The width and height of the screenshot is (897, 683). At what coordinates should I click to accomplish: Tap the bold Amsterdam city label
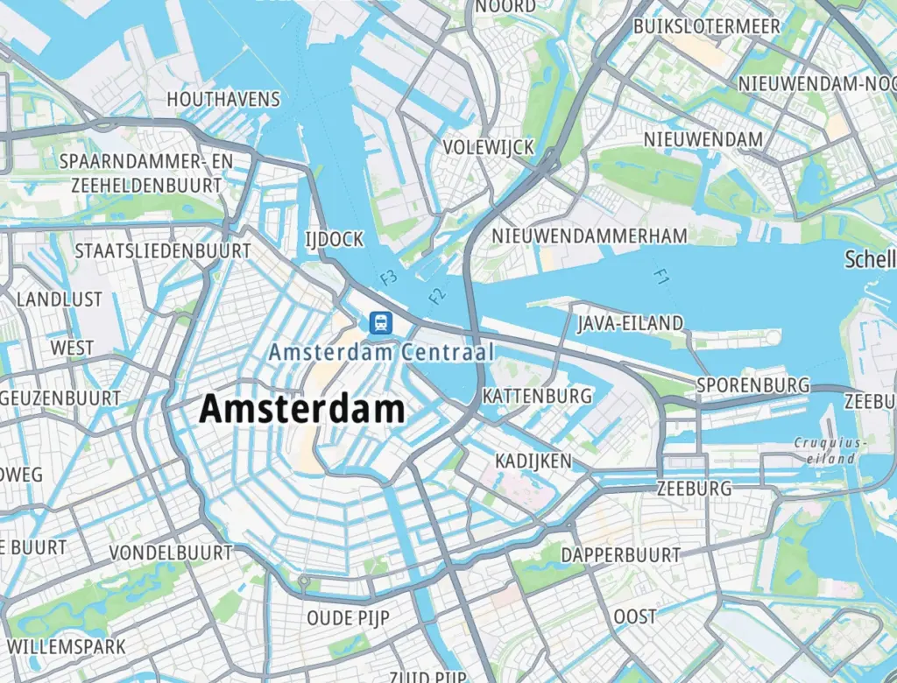pyautogui.click(x=303, y=409)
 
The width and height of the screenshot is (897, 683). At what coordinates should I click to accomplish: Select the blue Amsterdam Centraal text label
pyautogui.click(x=382, y=352)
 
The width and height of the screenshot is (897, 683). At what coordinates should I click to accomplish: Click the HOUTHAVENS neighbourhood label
pyautogui.click(x=223, y=99)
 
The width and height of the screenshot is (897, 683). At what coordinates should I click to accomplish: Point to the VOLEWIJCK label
pyautogui.click(x=488, y=147)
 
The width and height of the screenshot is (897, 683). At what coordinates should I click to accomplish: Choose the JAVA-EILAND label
pyautogui.click(x=630, y=323)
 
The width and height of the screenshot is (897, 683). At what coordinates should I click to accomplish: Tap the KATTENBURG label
pyautogui.click(x=537, y=396)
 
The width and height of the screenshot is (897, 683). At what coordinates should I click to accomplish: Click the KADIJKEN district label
pyautogui.click(x=533, y=461)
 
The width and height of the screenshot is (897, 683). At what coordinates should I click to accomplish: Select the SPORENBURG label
pyautogui.click(x=752, y=385)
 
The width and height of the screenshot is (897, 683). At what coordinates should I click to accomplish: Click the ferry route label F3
pyautogui.click(x=389, y=278)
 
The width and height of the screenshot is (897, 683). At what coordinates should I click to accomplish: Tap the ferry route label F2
pyautogui.click(x=438, y=295)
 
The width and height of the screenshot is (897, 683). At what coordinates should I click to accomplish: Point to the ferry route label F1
pyautogui.click(x=661, y=277)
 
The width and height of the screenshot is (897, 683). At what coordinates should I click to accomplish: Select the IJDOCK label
pyautogui.click(x=333, y=239)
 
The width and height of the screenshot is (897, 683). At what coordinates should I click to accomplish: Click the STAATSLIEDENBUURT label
pyautogui.click(x=163, y=251)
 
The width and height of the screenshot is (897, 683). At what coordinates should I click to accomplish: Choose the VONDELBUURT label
pyautogui.click(x=171, y=553)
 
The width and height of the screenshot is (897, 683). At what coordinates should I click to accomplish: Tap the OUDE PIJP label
pyautogui.click(x=348, y=618)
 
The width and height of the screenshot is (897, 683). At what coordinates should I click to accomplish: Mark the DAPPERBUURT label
pyautogui.click(x=620, y=555)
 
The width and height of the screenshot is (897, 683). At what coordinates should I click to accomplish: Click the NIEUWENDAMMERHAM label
pyautogui.click(x=590, y=236)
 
